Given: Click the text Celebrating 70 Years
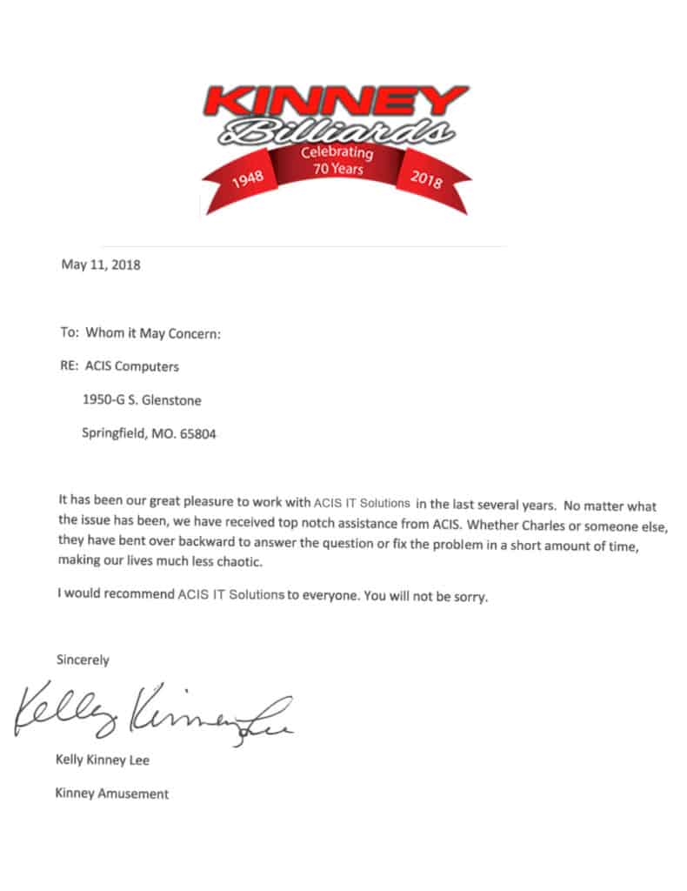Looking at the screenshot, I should (337, 161).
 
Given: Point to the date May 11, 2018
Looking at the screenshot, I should (100, 265).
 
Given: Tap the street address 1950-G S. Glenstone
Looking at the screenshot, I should (143, 400).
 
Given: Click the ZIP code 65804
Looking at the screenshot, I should (197, 433).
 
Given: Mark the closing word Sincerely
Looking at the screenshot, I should (83, 660).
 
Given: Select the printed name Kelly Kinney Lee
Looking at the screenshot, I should (102, 760).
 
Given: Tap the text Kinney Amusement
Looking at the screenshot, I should (111, 793).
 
